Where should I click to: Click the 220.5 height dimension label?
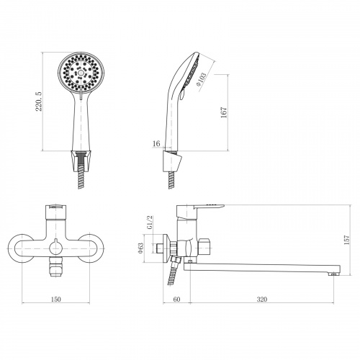tap(39, 101)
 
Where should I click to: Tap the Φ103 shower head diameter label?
tap(201, 79)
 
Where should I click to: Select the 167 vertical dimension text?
tap(224, 112)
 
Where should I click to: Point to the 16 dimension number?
tap(156, 143)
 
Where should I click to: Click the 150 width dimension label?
tap(56, 299)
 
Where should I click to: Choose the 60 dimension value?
tap(176, 299)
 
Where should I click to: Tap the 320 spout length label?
tap(262, 299)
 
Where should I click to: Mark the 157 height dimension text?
tap(347, 240)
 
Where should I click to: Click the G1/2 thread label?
tap(149, 222)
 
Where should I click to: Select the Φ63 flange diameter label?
tap(141, 248)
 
